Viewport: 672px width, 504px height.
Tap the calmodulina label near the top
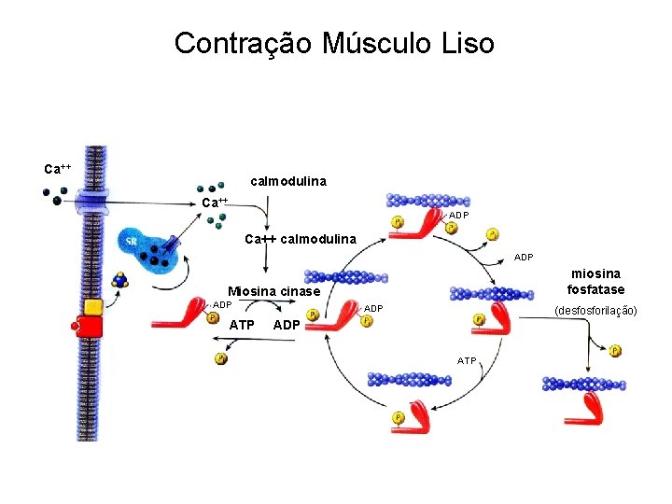tap(288, 180)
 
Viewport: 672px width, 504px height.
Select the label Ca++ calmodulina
tap(301, 240)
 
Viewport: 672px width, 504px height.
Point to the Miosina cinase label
tap(274, 292)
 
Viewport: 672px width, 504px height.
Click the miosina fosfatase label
tap(595, 281)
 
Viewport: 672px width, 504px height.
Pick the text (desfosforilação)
tap(595, 310)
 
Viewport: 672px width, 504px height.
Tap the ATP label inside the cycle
tap(467, 360)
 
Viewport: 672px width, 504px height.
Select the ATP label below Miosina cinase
tap(242, 325)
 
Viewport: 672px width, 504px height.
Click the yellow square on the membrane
tap(93, 306)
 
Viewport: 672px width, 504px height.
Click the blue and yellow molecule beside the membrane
tap(119, 279)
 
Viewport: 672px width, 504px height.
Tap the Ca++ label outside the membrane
tap(58, 169)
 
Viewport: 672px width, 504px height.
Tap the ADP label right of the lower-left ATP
tap(286, 325)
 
